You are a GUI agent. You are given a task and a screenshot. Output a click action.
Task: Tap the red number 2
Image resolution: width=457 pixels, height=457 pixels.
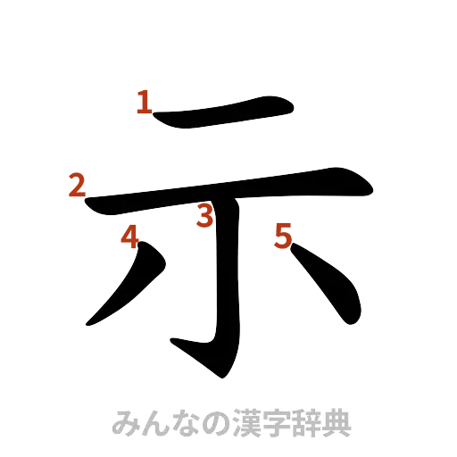click(76, 186)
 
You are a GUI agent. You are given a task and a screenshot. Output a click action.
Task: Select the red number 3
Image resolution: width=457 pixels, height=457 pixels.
click(205, 215)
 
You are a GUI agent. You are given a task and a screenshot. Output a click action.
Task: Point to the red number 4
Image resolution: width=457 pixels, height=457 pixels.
click(130, 237)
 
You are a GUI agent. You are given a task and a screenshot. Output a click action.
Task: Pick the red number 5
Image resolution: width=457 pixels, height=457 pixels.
click(282, 237)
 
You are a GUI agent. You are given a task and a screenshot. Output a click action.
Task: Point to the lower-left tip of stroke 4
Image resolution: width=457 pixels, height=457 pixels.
click(91, 321)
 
